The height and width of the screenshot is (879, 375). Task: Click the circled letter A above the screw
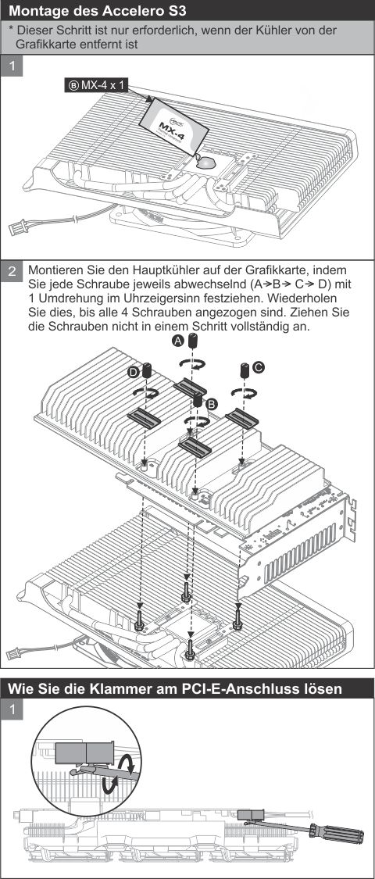177,341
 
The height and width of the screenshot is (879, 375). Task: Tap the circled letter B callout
211,402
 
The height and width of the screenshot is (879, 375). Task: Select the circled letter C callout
259,366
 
